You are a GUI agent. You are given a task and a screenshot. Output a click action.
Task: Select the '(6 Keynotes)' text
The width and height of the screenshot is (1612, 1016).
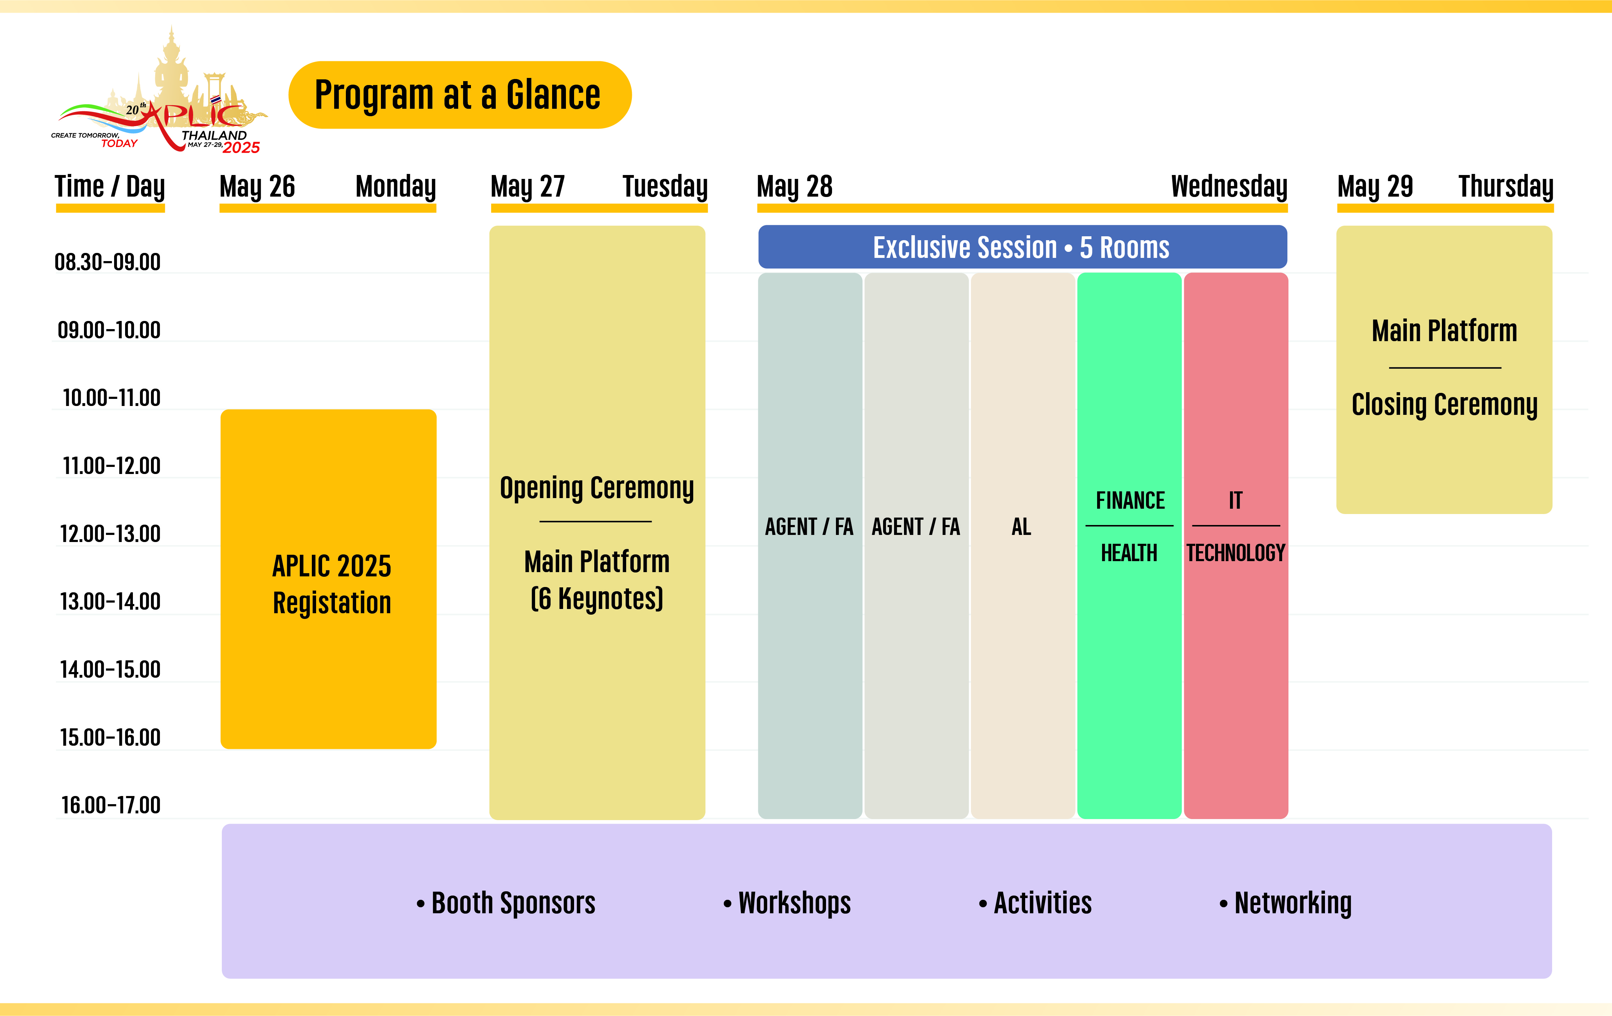[596, 598]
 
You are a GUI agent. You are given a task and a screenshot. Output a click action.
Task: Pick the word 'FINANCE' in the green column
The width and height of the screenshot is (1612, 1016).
[1129, 501]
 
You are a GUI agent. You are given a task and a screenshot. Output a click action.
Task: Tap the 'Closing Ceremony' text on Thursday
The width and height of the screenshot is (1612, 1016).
[1444, 405]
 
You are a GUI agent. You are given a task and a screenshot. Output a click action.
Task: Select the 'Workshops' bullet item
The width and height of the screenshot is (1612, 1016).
[793, 903]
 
